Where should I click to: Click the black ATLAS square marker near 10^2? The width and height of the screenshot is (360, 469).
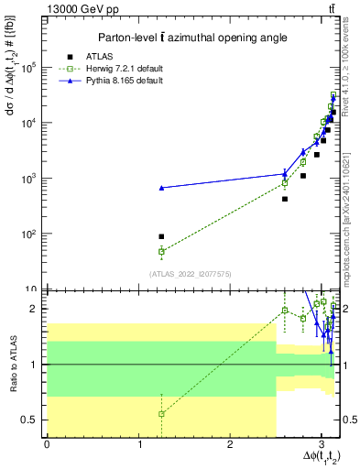click(161, 236)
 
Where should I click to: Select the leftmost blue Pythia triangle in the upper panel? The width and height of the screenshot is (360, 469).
click(161, 188)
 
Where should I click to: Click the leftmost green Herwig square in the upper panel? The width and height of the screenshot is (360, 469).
click(161, 251)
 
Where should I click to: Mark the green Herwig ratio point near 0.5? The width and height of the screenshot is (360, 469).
click(161, 414)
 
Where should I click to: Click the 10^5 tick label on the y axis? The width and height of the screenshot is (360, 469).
click(27, 68)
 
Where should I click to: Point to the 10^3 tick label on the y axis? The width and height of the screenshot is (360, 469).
click(27, 179)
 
